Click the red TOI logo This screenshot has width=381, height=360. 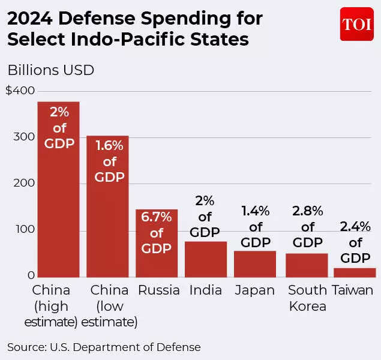[x=356, y=24]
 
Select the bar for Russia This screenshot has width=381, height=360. [x=157, y=243]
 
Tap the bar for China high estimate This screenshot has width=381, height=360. [x=58, y=189]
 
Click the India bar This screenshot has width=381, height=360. [x=205, y=259]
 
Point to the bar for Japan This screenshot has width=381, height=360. [x=254, y=264]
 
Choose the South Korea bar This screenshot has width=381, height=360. [x=307, y=265]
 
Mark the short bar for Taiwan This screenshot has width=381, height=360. [x=355, y=272]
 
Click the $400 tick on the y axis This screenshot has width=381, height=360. [x=20, y=91]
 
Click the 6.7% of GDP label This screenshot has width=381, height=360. [x=157, y=232]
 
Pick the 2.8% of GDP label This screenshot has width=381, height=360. [x=307, y=227]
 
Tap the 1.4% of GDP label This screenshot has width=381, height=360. [x=256, y=227]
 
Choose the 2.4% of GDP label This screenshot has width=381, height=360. [x=355, y=242]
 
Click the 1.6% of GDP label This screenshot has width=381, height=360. [x=109, y=161]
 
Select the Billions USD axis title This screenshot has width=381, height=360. [x=50, y=70]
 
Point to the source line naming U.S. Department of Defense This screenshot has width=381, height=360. [x=104, y=347]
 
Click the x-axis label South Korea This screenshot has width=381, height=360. [x=307, y=298]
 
